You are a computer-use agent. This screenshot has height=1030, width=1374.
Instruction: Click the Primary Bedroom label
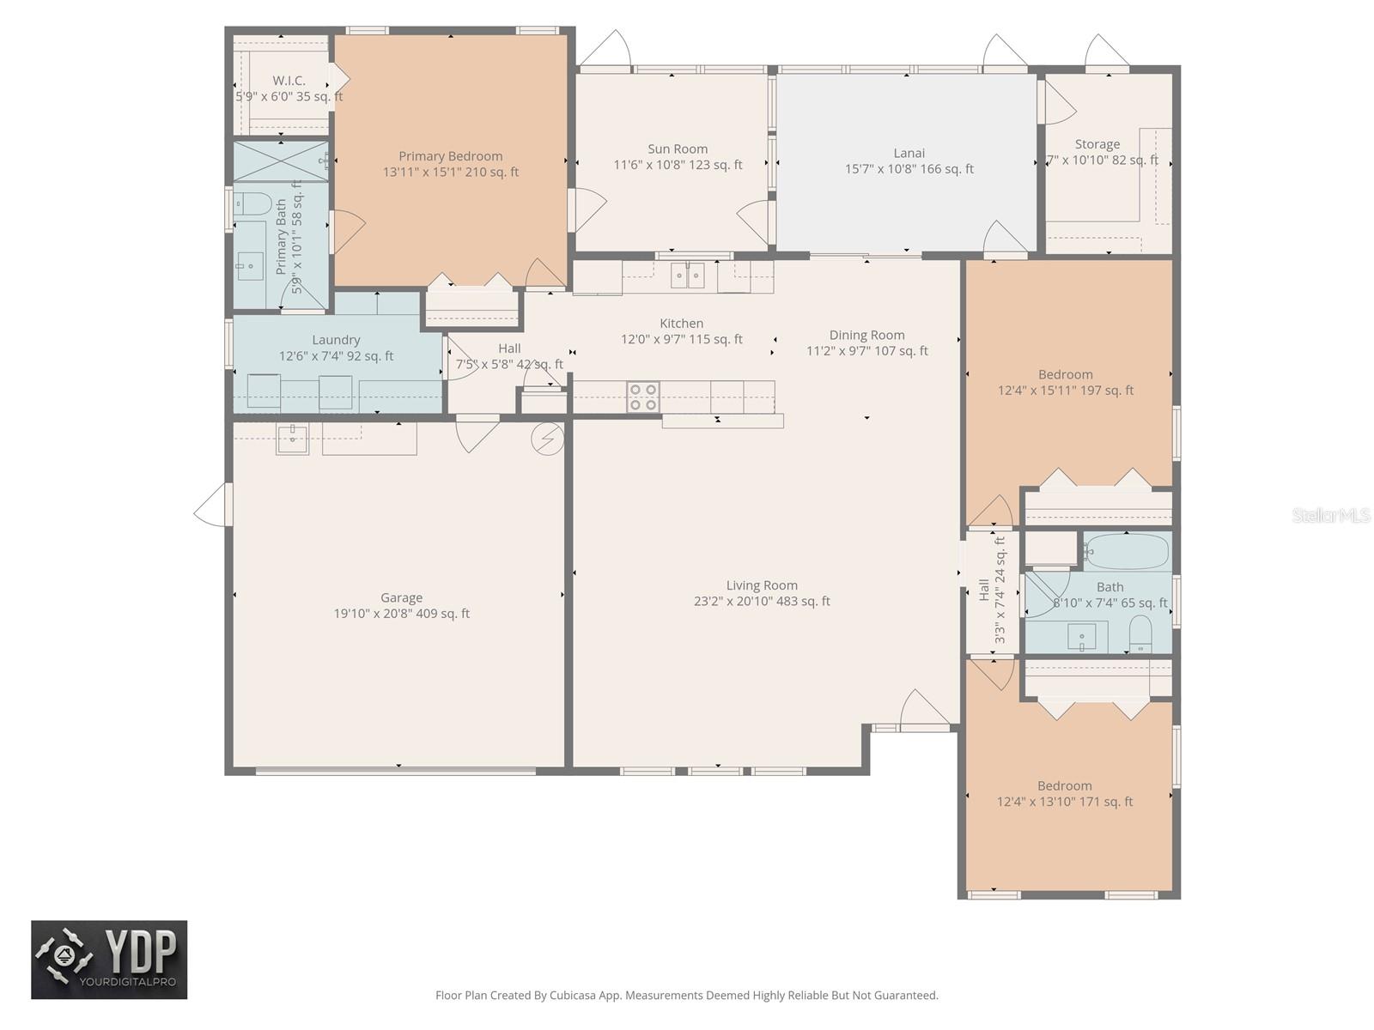click(x=450, y=156)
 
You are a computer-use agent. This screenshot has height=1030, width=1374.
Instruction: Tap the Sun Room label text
click(x=678, y=149)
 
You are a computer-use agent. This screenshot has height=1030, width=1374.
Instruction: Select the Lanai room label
click(x=909, y=154)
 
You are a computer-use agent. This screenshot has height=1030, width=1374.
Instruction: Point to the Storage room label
click(x=1097, y=145)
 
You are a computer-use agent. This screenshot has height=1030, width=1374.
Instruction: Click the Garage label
click(x=401, y=598)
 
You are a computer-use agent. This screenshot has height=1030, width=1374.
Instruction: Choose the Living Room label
click(x=762, y=586)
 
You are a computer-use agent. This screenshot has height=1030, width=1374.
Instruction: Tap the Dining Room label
click(x=866, y=336)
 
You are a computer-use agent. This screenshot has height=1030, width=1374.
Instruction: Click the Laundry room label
click(x=336, y=341)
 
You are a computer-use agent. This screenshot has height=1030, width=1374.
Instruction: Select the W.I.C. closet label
click(x=289, y=81)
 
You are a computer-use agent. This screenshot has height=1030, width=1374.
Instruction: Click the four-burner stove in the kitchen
click(x=642, y=397)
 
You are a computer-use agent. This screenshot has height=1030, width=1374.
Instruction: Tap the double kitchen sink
click(x=687, y=276)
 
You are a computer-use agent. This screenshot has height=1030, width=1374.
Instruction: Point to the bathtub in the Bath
click(x=1126, y=551)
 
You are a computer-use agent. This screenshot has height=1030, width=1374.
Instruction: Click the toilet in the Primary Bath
click(x=252, y=204)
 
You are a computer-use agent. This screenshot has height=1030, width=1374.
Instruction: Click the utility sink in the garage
click(x=292, y=439)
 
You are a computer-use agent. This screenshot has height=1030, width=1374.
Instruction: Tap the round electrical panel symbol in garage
click(x=547, y=439)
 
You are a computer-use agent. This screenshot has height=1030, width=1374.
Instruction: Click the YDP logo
click(x=109, y=960)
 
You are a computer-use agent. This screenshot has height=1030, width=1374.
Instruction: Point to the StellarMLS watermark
click(x=1330, y=515)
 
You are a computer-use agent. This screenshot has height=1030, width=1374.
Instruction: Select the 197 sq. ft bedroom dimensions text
click(x=1065, y=391)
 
